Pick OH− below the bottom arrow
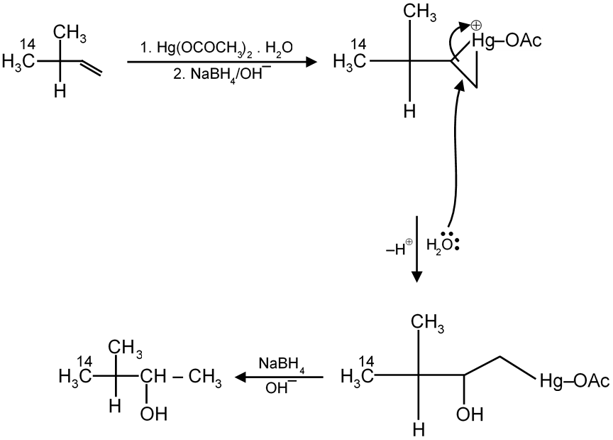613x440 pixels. coord(276,390)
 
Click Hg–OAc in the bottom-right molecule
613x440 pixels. coord(574,382)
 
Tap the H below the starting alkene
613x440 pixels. coord(60,92)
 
